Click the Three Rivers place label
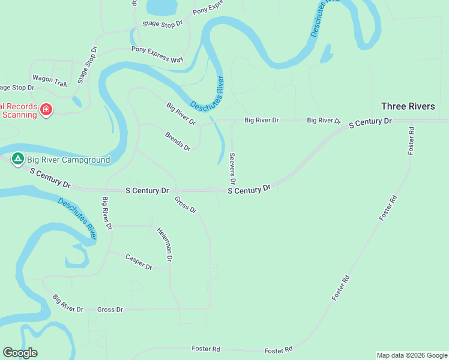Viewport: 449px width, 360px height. [x=408, y=106]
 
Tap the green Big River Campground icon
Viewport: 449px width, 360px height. [x=18, y=159]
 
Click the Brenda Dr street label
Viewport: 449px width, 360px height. [x=178, y=141]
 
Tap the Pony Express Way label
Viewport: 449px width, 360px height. [x=157, y=55]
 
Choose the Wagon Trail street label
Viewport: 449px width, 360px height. [x=49, y=79]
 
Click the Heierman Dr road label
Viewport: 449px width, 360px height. [x=165, y=244]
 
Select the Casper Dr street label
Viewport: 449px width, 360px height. [x=139, y=262]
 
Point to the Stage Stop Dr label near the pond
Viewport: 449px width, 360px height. [x=162, y=25]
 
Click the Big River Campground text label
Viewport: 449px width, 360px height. [x=68, y=160]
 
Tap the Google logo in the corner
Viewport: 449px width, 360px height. [x=20, y=353]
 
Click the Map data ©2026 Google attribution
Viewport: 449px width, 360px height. [x=412, y=355]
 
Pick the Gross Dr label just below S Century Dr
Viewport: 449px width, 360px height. [x=185, y=205]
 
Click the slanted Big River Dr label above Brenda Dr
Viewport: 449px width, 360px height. [x=181, y=113]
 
